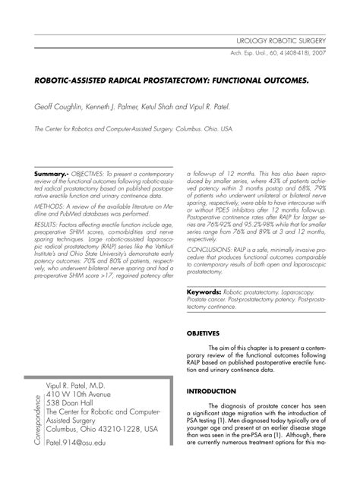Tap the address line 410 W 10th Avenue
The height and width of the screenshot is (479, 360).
pos(84,394)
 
